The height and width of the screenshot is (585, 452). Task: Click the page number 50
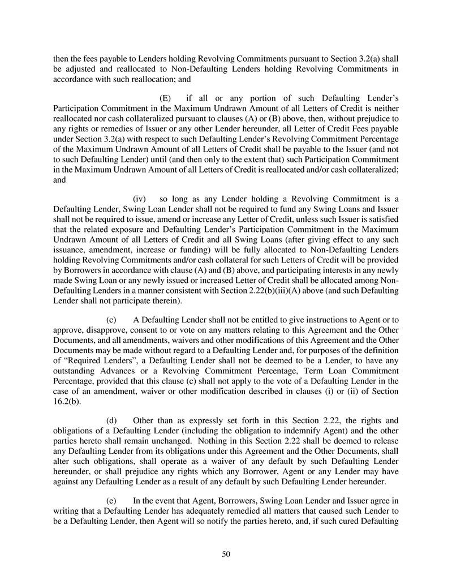pos(226,554)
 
